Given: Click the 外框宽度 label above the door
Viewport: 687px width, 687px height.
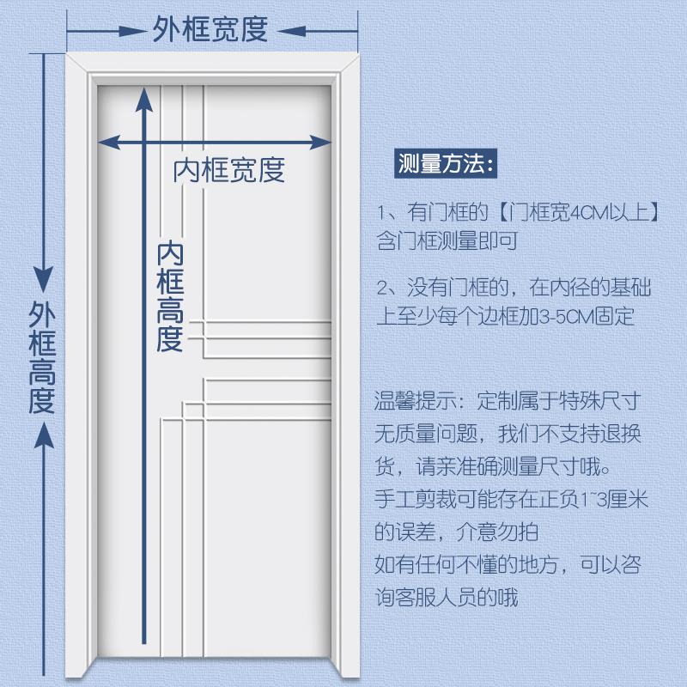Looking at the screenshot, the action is pyautogui.click(x=210, y=29).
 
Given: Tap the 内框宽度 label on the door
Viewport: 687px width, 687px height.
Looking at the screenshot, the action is pyautogui.click(x=228, y=170).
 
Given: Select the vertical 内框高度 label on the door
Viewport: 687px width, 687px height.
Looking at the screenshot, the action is pyautogui.click(x=170, y=296).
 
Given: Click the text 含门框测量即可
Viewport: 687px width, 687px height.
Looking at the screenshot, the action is pyautogui.click(x=447, y=240).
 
